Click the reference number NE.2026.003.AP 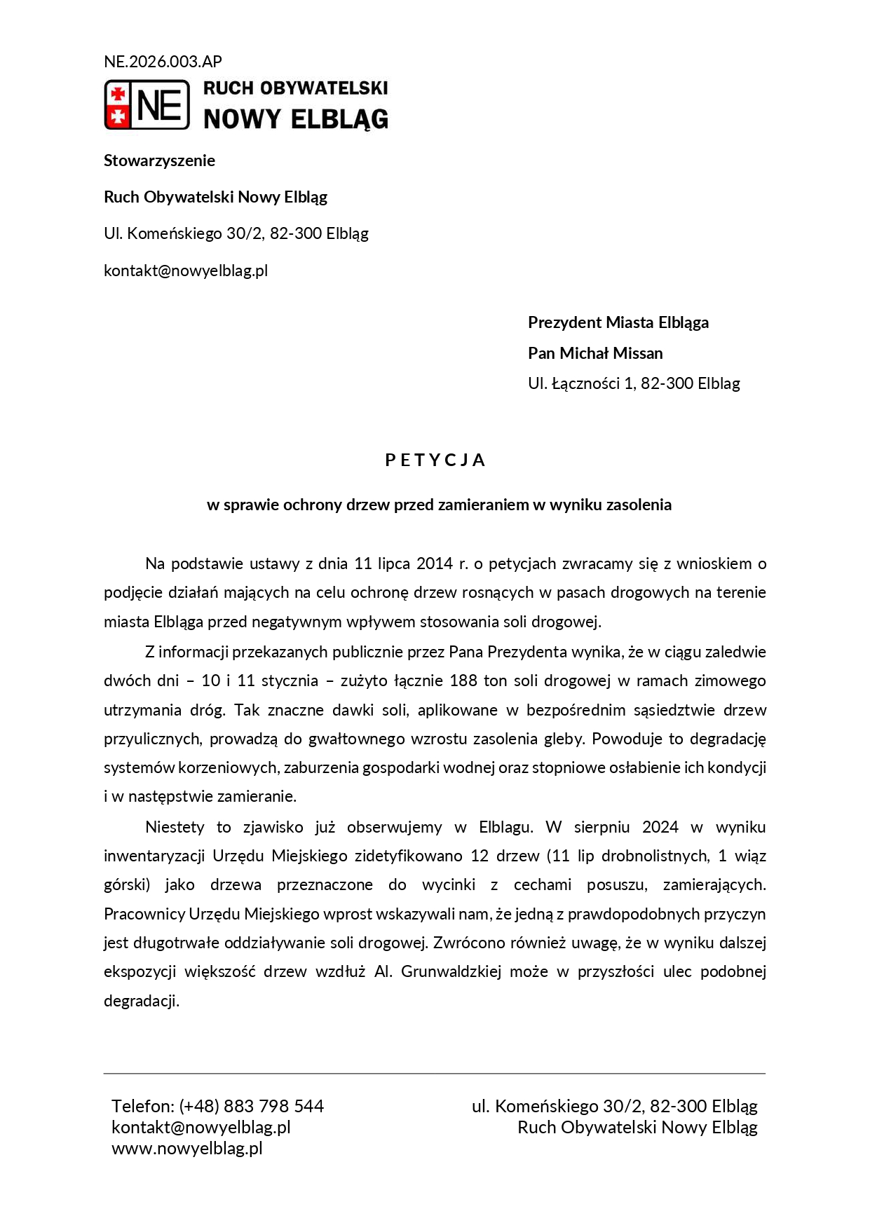pos(163,62)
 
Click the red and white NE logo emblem pos(147,104)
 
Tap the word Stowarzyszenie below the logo pos(159,160)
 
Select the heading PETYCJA pos(435,460)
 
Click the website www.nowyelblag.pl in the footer pos(187,1148)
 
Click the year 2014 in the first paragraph pos(435,563)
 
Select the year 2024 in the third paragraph pos(660,827)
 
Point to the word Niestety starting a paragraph pos(175,827)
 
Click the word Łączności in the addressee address pos(585,383)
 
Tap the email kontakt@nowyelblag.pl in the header pos(186,271)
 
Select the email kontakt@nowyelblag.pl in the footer pos(201,1127)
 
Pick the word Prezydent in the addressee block pos(564,322)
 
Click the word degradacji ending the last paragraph pos(141,1001)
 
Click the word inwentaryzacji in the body pos(154,856)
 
